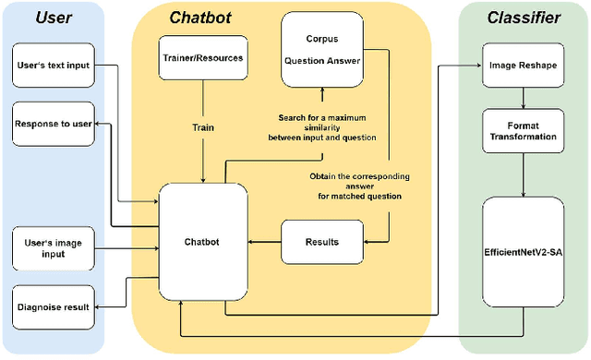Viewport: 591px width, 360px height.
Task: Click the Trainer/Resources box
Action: pyautogui.click(x=202, y=57)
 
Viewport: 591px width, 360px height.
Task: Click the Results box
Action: pyautogui.click(x=320, y=242)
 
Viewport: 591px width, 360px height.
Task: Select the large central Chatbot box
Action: pyautogui.click(x=203, y=242)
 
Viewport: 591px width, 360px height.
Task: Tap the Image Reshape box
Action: pyautogui.click(x=524, y=66)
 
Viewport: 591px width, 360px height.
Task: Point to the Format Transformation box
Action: pyautogui.click(x=524, y=130)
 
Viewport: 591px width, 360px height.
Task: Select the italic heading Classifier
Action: pyautogui.click(x=524, y=17)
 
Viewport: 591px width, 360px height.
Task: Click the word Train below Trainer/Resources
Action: pyautogui.click(x=202, y=127)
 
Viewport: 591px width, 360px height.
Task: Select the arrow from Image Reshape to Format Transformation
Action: pyautogui.click(x=524, y=96)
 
